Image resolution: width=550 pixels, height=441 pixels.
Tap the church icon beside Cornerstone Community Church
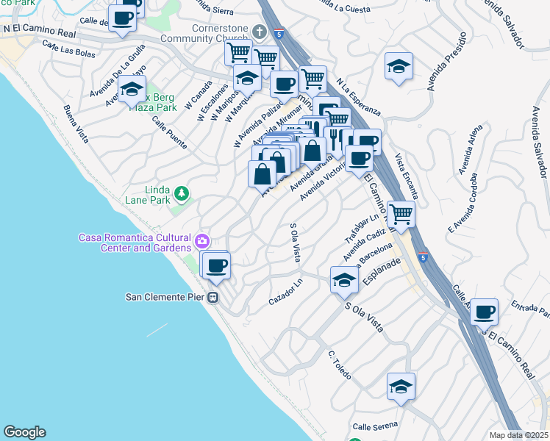[x=258, y=32]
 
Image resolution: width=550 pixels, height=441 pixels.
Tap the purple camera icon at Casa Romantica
[x=201, y=240]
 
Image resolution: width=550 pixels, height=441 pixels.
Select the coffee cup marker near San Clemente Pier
[x=216, y=265]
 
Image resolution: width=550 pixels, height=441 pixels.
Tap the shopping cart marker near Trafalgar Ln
[x=401, y=213]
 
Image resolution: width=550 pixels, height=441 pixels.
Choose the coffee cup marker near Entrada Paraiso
[x=484, y=312]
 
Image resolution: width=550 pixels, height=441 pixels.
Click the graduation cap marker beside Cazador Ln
[x=343, y=279]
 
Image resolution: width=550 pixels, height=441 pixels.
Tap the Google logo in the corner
[x=24, y=432]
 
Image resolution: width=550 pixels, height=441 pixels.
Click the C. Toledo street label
[x=340, y=365]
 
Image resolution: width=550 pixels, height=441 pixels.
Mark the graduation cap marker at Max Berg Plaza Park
[x=132, y=89]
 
